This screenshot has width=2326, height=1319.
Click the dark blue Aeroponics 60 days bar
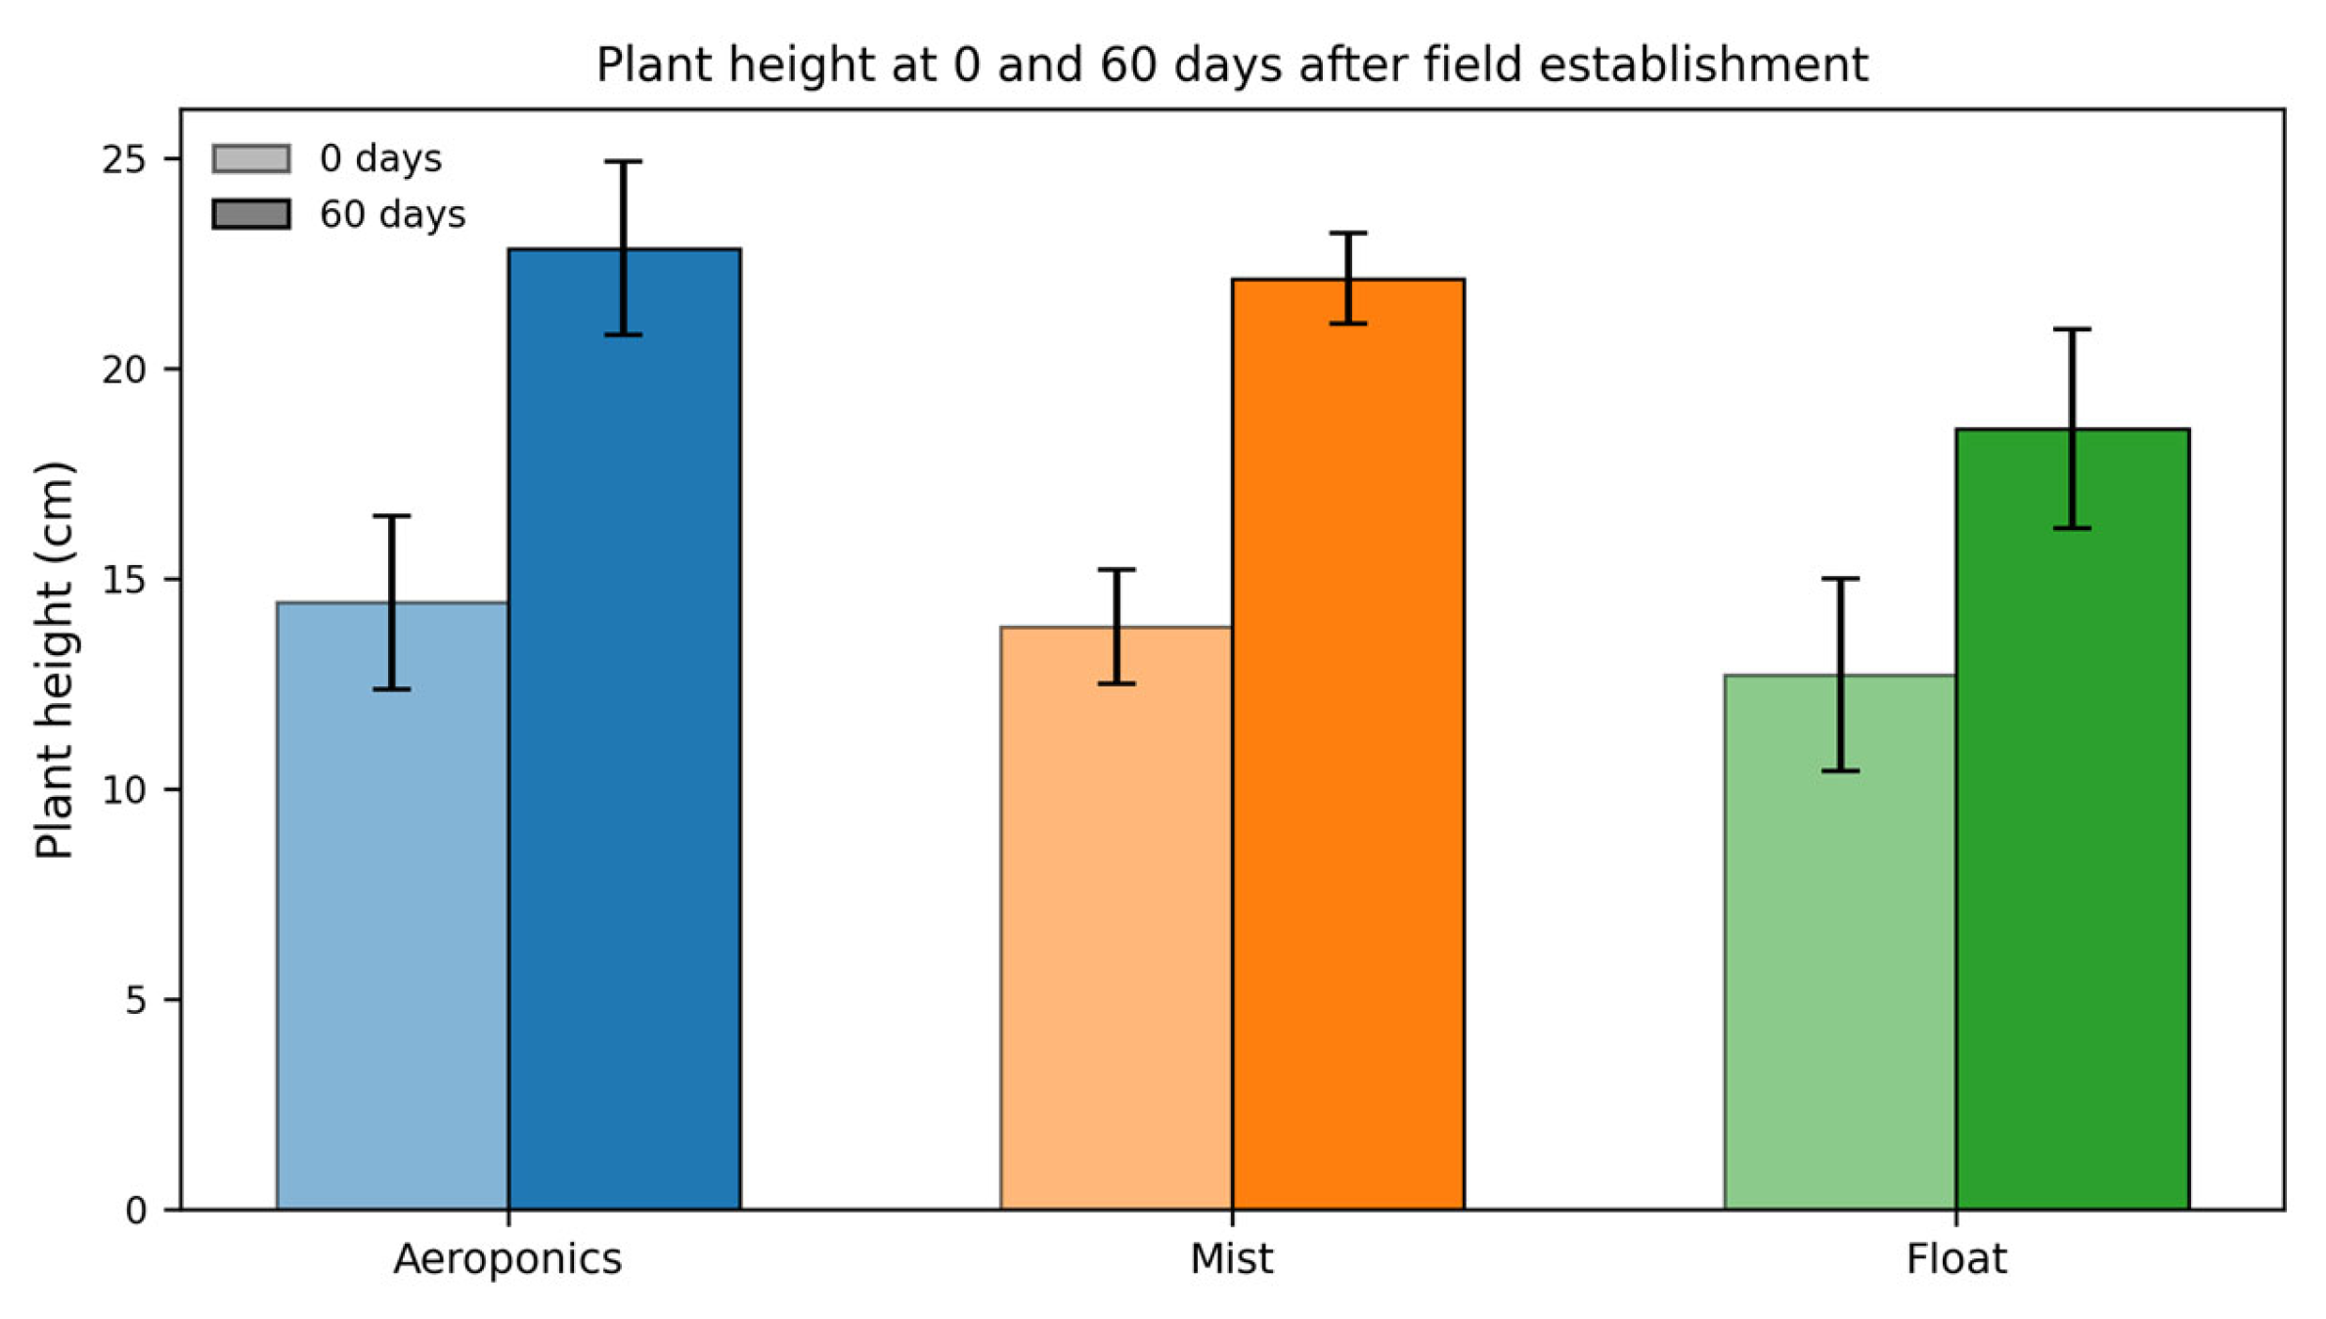(625, 729)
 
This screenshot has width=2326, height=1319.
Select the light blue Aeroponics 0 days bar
(392, 906)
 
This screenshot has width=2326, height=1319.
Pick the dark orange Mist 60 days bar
(1348, 744)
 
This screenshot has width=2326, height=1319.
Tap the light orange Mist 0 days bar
(1117, 918)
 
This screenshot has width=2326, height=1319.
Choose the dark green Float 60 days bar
(2073, 819)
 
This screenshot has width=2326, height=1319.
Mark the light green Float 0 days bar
(1840, 943)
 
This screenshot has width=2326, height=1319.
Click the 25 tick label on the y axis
(124, 159)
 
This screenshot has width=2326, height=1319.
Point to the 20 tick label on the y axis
(124, 370)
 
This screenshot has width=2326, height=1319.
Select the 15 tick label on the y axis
(124, 580)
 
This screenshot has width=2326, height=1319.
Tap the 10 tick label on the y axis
(124, 790)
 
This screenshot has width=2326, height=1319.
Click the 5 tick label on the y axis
(137, 1000)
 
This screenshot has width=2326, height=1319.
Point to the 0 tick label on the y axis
(137, 1210)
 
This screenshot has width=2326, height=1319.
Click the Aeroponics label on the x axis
(507, 1259)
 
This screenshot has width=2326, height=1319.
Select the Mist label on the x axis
(1232, 1259)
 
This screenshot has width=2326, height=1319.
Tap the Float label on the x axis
(1956, 1259)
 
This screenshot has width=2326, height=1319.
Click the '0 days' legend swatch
(251, 158)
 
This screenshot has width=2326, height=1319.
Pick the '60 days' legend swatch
(251, 214)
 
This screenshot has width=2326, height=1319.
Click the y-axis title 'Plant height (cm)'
(55, 660)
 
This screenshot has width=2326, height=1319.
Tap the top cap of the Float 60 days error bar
(2072, 330)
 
